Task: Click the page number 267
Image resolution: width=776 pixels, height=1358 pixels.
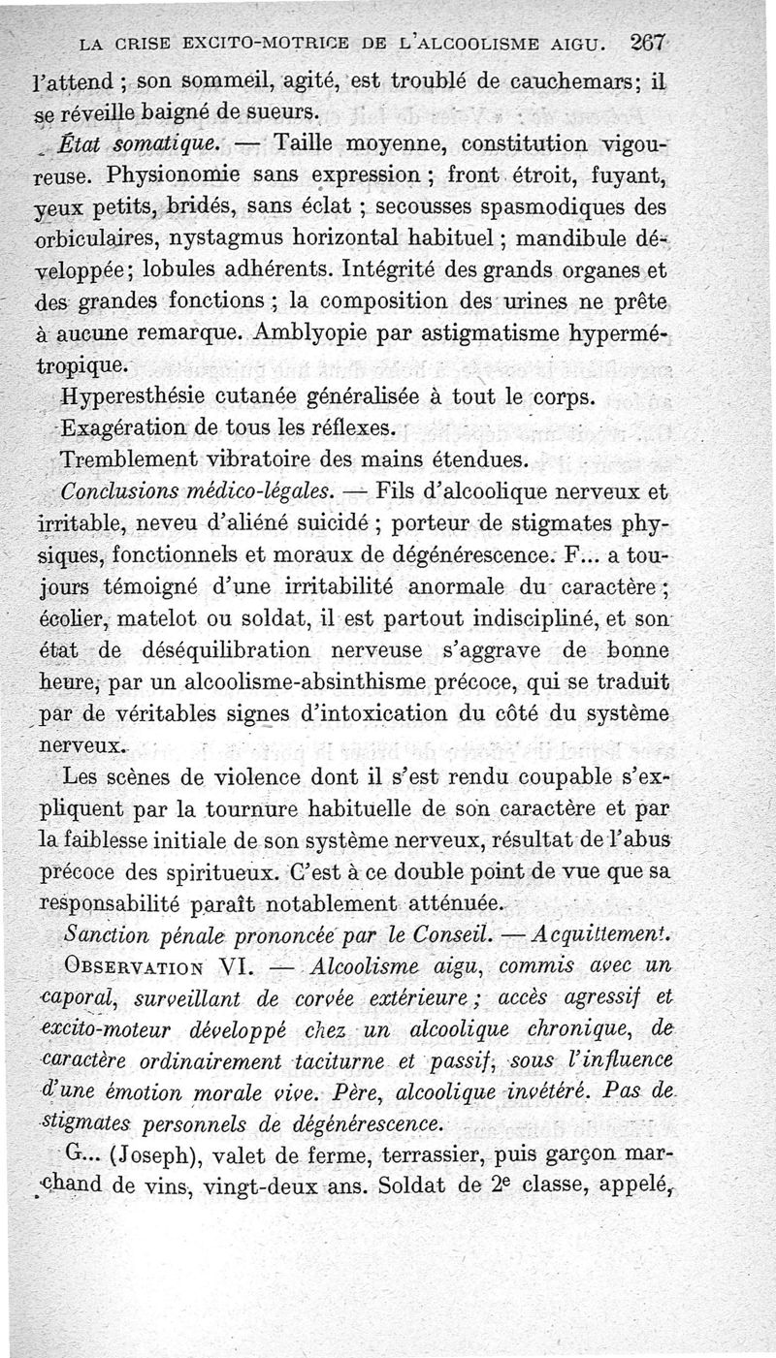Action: [646, 43]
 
